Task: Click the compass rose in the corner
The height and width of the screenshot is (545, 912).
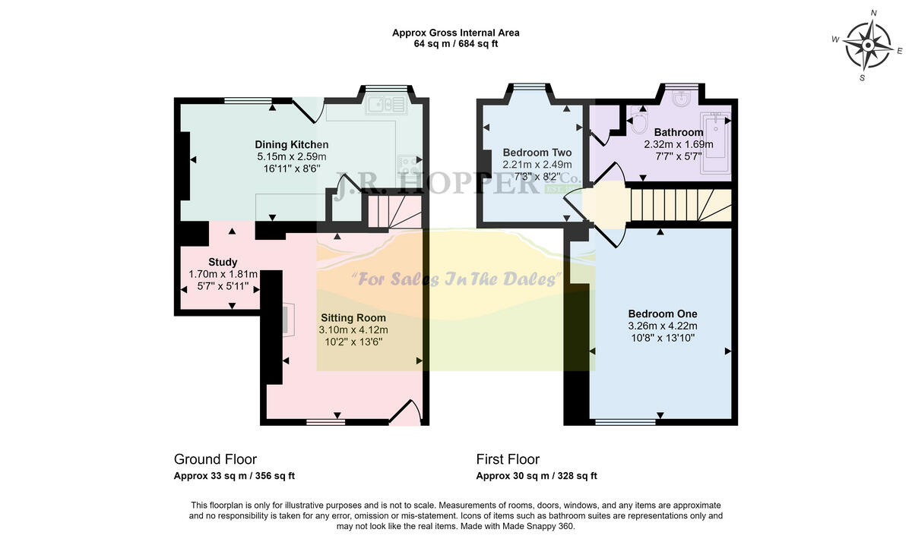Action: tap(867, 45)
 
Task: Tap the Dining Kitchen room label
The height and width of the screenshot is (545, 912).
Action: tap(292, 144)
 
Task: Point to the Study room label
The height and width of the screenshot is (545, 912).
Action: tap(223, 262)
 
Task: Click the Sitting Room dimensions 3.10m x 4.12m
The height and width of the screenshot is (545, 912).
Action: tap(353, 330)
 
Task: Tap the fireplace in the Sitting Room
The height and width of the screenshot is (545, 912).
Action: tap(287, 319)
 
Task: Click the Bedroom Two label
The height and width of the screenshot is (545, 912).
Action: tap(537, 152)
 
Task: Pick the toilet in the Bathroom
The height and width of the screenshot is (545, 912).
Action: tap(638, 122)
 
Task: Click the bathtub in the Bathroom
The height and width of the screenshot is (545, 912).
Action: tap(716, 144)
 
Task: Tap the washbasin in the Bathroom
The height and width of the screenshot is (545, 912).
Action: tap(683, 99)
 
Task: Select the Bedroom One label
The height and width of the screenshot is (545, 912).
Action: tap(662, 313)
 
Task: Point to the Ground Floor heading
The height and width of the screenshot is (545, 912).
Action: tap(215, 459)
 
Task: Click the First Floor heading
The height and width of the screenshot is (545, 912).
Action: tap(508, 459)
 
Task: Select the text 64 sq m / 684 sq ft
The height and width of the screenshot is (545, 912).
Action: tap(456, 44)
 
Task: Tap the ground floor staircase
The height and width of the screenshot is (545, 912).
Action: tap(394, 210)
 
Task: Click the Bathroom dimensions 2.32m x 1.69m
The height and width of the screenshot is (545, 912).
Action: tap(679, 144)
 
